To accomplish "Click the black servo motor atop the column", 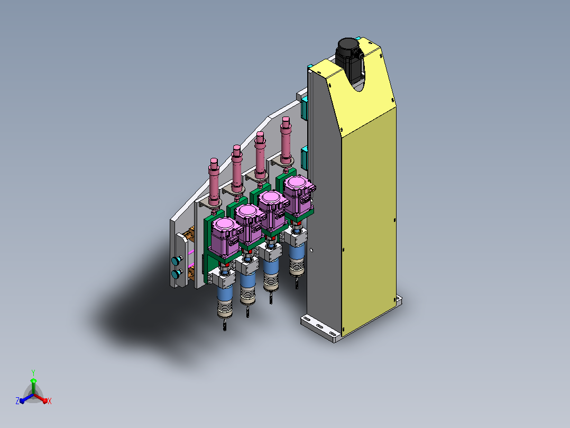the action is pyautogui.click(x=349, y=58).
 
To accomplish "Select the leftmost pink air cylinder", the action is pyautogui.click(x=214, y=182).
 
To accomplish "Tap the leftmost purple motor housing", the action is pyautogui.click(x=225, y=237).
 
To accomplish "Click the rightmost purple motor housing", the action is pyautogui.click(x=299, y=195).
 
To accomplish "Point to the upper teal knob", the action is pyautogui.click(x=177, y=261).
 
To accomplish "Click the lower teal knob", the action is pyautogui.click(x=177, y=274).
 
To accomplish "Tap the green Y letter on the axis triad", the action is pyautogui.click(x=33, y=372).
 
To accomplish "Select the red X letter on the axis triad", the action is pyautogui.click(x=50, y=401).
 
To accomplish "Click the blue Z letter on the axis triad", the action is pyautogui.click(x=17, y=401).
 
